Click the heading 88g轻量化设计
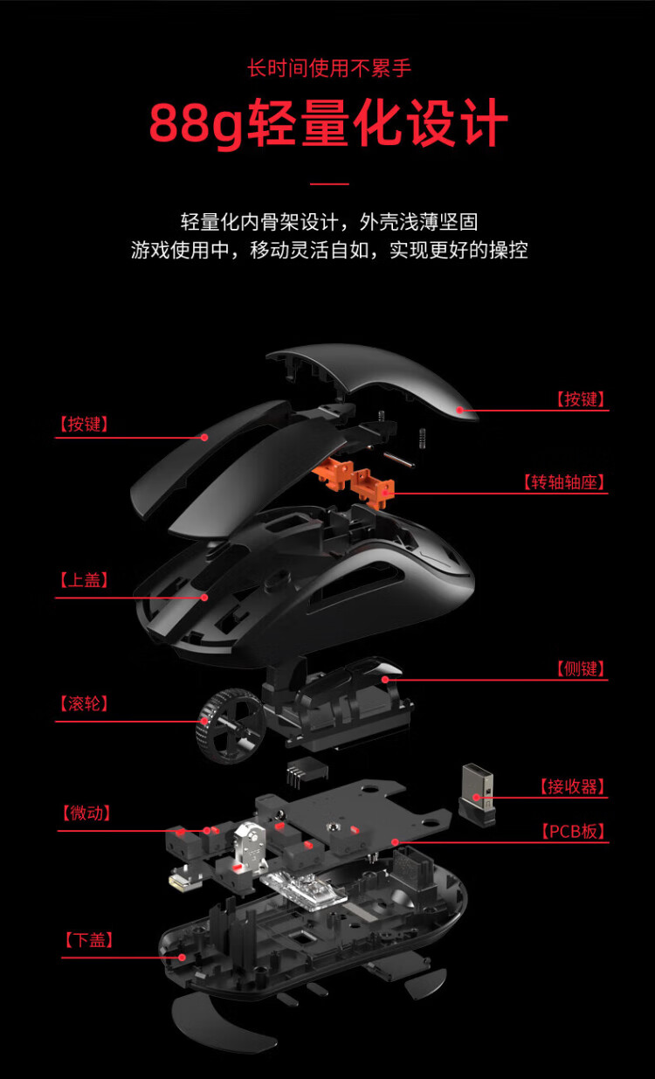tap(328, 122)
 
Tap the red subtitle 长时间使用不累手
tap(329, 68)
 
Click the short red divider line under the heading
tap(329, 183)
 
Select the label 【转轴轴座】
tap(564, 481)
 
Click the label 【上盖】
tap(84, 580)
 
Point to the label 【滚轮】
tap(84, 703)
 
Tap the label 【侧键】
tap(581, 668)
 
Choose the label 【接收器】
tap(572, 786)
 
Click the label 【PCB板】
tap(573, 832)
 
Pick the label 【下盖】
tap(89, 940)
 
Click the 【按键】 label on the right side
tap(581, 399)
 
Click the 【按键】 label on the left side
tap(84, 424)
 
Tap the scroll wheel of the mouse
tap(231, 726)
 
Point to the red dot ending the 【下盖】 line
tap(182, 958)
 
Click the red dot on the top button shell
tap(460, 410)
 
